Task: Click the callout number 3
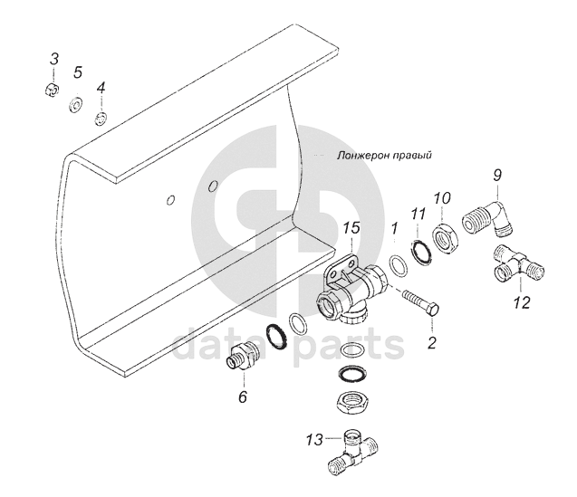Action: (x=54, y=60)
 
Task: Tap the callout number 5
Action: (x=78, y=72)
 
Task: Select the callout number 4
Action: (x=101, y=89)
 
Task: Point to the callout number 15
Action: (x=351, y=228)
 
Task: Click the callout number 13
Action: (x=314, y=440)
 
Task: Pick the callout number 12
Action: (x=522, y=303)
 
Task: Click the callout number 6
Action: (x=243, y=397)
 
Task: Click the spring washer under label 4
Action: (x=101, y=119)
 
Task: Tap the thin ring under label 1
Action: (x=398, y=265)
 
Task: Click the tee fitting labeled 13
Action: (x=354, y=452)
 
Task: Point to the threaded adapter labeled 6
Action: (x=244, y=356)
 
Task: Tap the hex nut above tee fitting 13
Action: (x=354, y=402)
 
